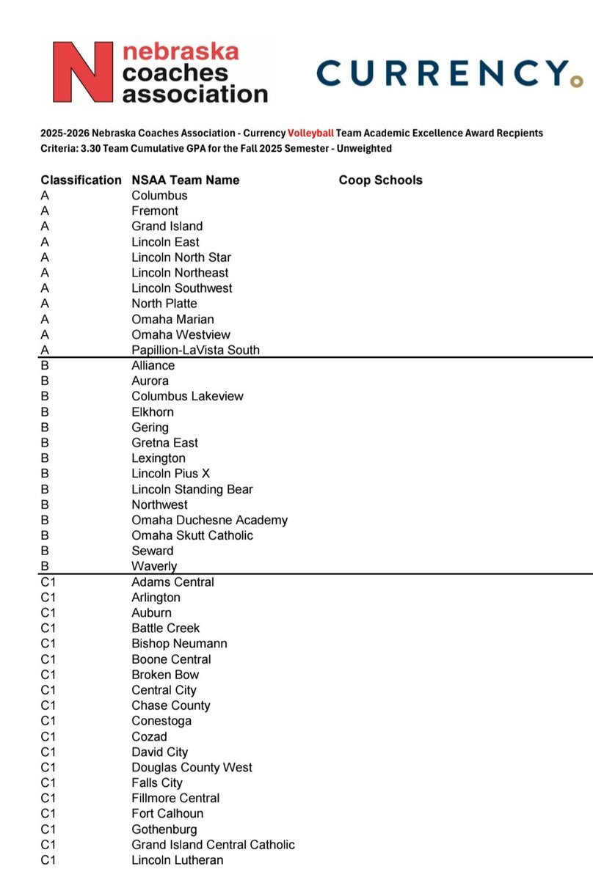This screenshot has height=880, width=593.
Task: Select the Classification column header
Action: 81,180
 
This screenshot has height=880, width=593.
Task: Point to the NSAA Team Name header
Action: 185,180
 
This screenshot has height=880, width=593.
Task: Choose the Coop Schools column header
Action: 380,180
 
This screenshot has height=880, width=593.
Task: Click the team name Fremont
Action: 155,211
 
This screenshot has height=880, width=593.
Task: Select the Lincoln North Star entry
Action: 181,257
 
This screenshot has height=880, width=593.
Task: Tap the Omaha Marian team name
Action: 172,319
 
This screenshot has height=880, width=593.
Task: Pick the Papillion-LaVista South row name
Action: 195,350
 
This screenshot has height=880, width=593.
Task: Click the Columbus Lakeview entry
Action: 187,396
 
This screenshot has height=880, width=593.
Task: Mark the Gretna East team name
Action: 164,443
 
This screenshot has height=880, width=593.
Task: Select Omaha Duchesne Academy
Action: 209,520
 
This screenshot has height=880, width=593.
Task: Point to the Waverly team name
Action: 154,566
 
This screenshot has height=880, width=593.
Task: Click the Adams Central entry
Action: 172,582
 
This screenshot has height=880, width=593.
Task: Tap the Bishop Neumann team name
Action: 179,644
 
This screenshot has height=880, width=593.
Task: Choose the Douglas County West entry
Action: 192,768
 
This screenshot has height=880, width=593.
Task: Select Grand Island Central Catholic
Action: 213,845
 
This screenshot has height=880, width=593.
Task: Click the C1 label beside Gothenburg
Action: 48,829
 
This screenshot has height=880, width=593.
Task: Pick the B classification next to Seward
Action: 45,551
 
